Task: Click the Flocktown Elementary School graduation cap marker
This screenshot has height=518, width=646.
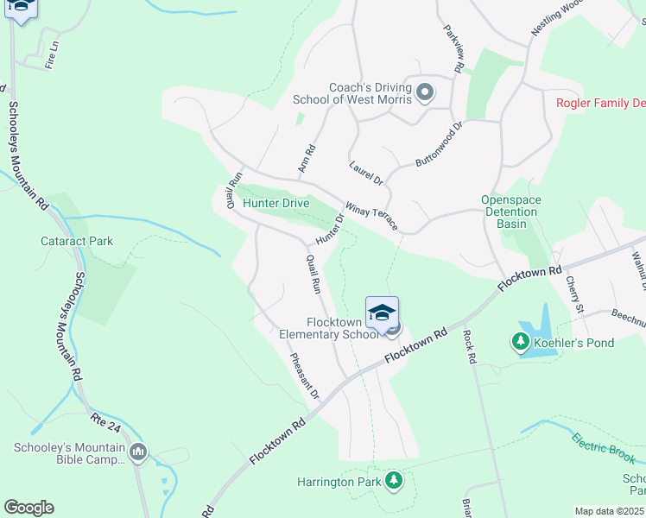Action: pos(382,313)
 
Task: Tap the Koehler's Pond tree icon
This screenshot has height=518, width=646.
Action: pos(520,343)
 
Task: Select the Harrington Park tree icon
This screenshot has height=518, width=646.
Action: pos(394,480)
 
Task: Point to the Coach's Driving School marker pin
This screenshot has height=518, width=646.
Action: pos(424,92)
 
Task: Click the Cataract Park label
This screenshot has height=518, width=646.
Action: pos(77,242)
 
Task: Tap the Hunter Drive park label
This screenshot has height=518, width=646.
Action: pos(275,204)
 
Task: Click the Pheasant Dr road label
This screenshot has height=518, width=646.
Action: pos(305,376)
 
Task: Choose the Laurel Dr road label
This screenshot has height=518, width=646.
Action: pos(366,173)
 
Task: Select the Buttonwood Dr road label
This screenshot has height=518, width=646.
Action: pos(440,143)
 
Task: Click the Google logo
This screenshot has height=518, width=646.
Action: pos(28,507)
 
